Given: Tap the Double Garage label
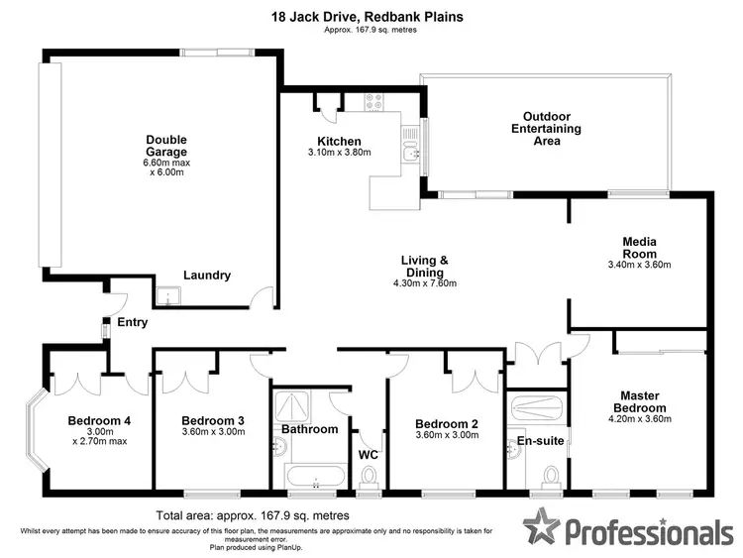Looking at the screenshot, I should pos(165,146).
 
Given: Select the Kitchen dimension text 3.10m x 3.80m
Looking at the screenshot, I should pos(339,154).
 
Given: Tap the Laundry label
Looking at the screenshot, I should pos(207,276).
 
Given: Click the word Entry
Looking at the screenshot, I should pos(132,322).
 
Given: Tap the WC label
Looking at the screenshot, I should pos(370,455).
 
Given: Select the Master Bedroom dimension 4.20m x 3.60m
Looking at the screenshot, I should pos(638,419).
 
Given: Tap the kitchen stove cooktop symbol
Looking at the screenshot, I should pos(374,99).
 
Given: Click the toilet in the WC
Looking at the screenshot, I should pos(371,481).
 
